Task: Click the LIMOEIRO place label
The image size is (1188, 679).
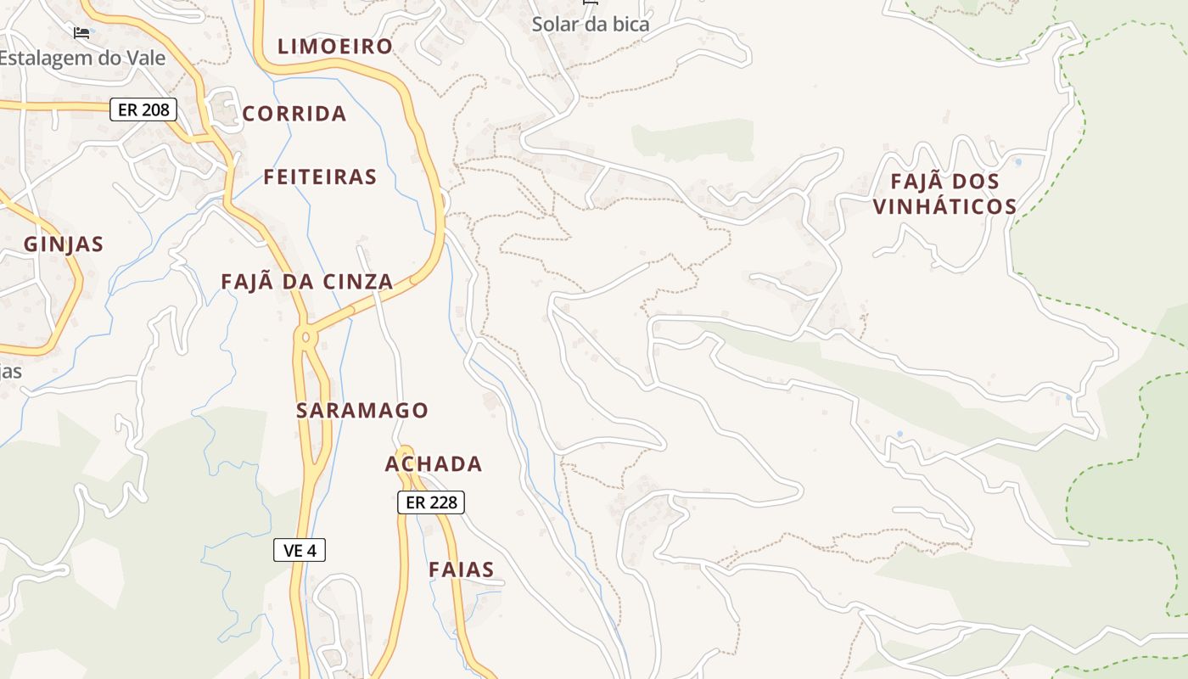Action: [x=335, y=46]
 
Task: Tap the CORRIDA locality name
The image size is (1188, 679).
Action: [x=294, y=114]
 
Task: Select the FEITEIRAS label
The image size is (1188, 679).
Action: [x=320, y=177]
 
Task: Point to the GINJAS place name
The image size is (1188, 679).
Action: [x=64, y=244]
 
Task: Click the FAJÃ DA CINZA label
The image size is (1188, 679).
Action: [x=307, y=282]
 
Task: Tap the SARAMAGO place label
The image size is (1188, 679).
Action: [x=362, y=411]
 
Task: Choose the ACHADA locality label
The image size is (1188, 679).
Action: [x=434, y=464]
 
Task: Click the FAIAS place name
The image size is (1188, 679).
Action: [x=462, y=570]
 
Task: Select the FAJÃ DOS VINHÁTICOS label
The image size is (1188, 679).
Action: [x=945, y=194]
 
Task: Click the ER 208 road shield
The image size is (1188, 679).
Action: [x=143, y=109]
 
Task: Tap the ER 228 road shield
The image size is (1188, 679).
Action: [x=431, y=502]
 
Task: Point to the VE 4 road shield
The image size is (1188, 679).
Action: [x=300, y=550]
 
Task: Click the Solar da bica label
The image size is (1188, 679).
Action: [x=591, y=24]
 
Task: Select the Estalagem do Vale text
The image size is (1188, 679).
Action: [x=82, y=59]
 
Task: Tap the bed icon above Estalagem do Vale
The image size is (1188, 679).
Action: [x=81, y=33]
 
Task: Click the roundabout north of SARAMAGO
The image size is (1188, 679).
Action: [x=305, y=337]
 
